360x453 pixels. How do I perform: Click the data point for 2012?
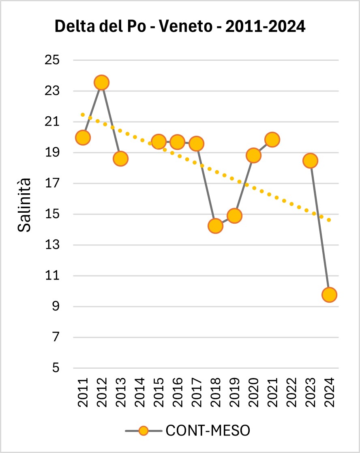[x=101, y=83]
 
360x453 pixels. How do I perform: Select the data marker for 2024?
[x=329, y=295]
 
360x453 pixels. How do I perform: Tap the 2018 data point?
[x=215, y=226]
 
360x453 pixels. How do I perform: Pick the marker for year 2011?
[x=82, y=137]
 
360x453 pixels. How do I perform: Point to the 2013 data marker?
[x=120, y=158]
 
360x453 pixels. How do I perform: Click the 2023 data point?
[x=310, y=161]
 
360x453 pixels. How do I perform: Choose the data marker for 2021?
[x=272, y=140]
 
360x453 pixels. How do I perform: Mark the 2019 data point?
[x=234, y=216]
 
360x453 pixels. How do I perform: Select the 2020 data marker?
[x=253, y=156]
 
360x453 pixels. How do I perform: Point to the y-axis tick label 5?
[x=55, y=368]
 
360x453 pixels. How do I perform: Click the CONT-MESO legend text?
[x=208, y=430]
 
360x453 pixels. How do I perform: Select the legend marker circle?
[x=143, y=430]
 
